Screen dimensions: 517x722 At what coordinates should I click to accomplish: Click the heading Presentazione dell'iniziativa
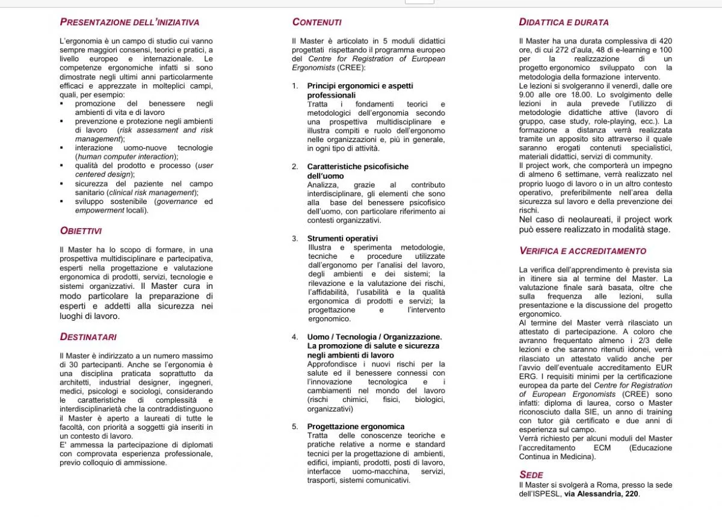click(129, 22)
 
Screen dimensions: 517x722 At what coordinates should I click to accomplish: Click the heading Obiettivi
click(81, 231)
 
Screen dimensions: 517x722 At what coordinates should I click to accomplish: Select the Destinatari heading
click(88, 336)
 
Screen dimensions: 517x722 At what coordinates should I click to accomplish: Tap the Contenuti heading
click(316, 22)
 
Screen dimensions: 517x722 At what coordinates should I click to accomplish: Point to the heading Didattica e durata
click(564, 22)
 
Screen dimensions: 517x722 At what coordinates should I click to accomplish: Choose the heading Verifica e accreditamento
click(582, 251)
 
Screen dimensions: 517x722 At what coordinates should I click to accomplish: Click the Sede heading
click(531, 475)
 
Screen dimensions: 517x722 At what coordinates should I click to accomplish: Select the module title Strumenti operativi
click(342, 238)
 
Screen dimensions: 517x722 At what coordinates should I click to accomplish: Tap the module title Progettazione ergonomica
click(356, 427)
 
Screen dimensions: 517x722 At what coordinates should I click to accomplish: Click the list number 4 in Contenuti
click(295, 337)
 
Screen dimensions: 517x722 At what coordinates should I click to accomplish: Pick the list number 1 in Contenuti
click(295, 86)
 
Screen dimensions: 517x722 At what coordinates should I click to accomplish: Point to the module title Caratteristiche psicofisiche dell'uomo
click(357, 171)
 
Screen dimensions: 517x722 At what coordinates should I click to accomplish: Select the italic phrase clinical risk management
click(151, 193)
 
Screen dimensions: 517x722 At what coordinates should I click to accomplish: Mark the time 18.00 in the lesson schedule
click(585, 94)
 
